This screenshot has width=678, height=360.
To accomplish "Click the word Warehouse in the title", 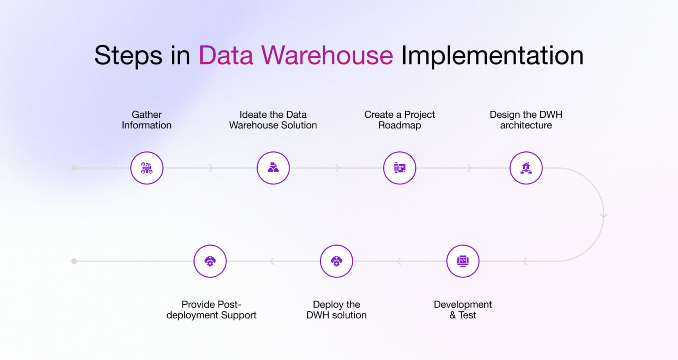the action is tap(327, 55).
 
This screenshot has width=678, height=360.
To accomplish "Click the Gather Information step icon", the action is tap(147, 168).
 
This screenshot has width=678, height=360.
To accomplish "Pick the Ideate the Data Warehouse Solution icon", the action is tap(273, 168).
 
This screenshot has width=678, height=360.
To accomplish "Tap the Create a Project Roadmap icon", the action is tap(399, 168).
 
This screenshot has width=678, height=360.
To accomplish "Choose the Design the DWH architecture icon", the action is tap(526, 168).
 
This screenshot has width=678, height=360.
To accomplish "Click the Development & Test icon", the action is tap(463, 261).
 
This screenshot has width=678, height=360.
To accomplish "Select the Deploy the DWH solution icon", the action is tap(336, 261).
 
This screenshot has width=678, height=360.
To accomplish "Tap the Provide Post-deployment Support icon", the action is tap(210, 261).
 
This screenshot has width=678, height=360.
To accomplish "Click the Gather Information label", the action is tap(147, 120).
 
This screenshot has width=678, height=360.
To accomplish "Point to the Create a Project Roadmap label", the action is tap(399, 120).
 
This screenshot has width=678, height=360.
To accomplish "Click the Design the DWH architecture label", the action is tap(526, 120).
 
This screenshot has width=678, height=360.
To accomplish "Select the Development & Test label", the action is tap(463, 309).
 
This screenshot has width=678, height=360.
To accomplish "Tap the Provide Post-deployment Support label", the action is tap(211, 309).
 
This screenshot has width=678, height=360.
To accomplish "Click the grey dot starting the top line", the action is tap(74, 168).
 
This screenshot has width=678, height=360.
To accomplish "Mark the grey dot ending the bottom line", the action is tap(74, 261).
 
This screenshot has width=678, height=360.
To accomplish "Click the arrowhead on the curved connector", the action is tap(604, 216).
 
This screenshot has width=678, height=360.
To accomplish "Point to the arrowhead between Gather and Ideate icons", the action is tap(211, 168).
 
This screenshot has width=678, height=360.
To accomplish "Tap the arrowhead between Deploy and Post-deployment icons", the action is tap(272, 261).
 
